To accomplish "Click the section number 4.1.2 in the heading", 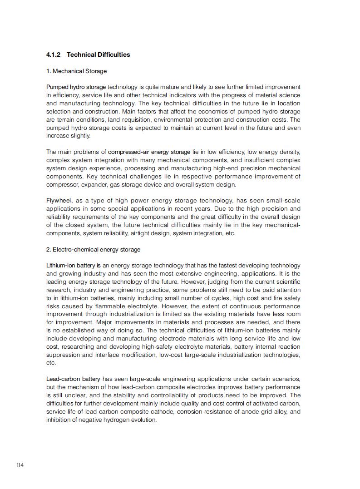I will pyautogui.click(x=54, y=55).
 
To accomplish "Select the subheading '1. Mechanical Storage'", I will pyautogui.click(x=76, y=71).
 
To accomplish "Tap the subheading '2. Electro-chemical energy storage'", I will pyautogui.click(x=93, y=250).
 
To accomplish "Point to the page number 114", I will pyautogui.click(x=20, y=465).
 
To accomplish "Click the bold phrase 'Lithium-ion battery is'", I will pyautogui.click(x=74, y=266).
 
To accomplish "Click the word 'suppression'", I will pyautogui.click(x=63, y=355).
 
